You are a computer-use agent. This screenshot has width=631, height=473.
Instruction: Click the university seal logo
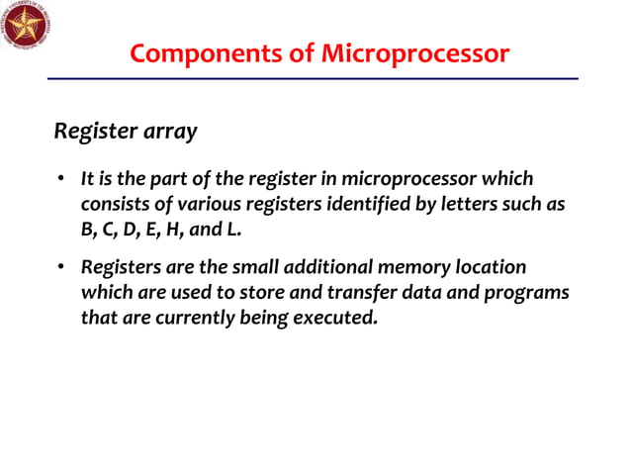[26, 27]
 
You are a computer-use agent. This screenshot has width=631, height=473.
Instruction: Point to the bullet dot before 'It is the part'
[60, 179]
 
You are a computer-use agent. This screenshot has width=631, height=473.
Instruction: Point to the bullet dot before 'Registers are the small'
[60, 268]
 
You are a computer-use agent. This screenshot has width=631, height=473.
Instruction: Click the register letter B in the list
[87, 229]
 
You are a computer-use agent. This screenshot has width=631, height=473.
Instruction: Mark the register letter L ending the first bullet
[233, 229]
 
